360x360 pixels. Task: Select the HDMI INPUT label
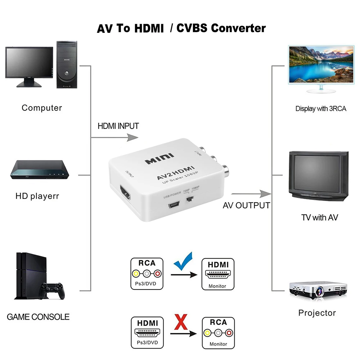[118, 126]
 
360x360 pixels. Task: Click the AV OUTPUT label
[246, 206]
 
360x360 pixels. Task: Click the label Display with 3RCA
[321, 108]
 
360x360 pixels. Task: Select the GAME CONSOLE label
[38, 317]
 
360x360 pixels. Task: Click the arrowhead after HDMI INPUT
[133, 137]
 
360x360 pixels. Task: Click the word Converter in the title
[238, 28]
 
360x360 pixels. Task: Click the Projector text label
[317, 313]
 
